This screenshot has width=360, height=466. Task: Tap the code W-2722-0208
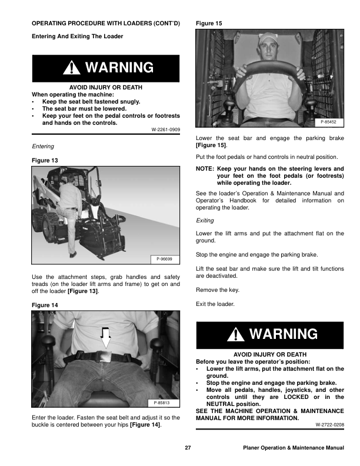click(x=330, y=424)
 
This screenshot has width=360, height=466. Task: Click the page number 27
click(x=188, y=448)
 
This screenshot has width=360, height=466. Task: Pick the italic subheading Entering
click(x=42, y=146)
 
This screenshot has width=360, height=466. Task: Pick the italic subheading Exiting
click(x=205, y=221)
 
